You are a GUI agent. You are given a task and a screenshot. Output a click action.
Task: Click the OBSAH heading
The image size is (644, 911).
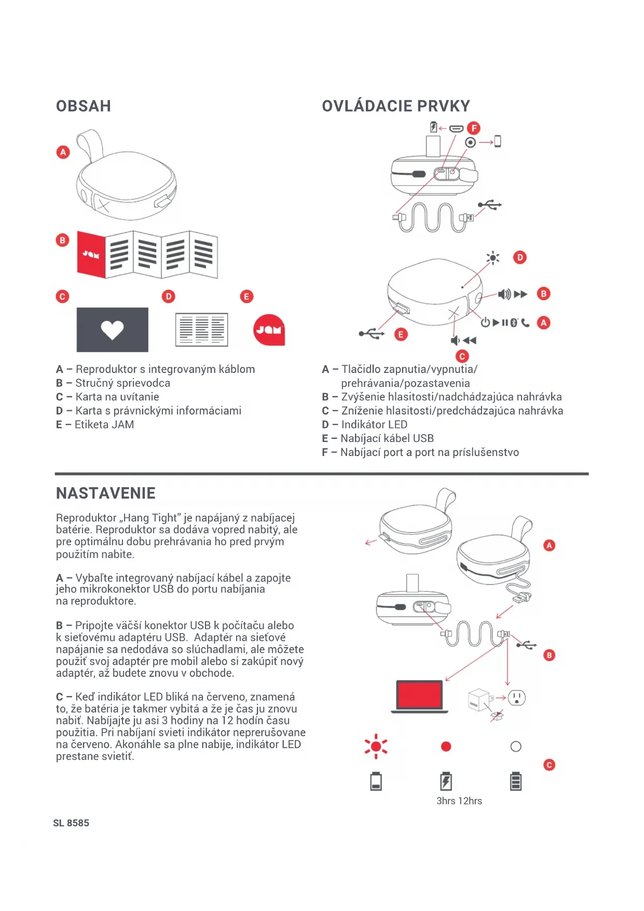[83, 106]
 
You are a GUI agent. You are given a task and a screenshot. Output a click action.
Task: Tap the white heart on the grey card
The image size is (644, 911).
[112, 330]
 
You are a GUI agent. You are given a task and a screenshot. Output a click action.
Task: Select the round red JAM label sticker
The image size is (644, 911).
[269, 330]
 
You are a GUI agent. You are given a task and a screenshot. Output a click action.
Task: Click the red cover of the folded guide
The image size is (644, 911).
[91, 254]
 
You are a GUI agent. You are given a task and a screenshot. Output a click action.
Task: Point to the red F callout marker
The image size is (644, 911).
[473, 128]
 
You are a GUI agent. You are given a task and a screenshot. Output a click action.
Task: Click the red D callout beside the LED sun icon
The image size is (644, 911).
[519, 257]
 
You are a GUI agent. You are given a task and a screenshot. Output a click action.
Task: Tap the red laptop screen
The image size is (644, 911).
[419, 694]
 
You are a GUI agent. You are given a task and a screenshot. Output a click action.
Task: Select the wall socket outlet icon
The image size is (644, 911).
[516, 698]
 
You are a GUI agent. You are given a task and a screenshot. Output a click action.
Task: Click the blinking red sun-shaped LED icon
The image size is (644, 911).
[376, 746]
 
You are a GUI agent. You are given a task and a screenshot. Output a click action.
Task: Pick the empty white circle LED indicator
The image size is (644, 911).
[516, 746]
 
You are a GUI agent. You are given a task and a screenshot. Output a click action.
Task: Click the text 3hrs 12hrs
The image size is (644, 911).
[459, 801]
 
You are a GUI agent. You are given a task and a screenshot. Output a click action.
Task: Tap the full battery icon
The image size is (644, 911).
[516, 781]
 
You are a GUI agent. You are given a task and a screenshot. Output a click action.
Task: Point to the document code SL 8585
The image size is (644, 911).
[71, 823]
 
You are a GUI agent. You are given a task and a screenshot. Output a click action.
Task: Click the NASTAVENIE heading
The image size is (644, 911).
[105, 493]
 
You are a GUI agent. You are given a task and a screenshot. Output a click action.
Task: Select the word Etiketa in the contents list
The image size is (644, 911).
[91, 424]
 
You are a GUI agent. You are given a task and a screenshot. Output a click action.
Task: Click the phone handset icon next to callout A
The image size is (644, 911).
[525, 323]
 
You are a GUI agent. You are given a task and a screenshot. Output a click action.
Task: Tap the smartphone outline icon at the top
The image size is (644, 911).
[497, 141]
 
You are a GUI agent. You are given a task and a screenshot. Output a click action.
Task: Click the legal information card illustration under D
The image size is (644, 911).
[201, 329]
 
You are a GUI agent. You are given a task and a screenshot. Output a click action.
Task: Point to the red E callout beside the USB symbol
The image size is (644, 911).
[400, 334]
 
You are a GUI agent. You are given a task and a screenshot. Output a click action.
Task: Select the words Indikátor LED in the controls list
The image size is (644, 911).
[374, 424]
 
